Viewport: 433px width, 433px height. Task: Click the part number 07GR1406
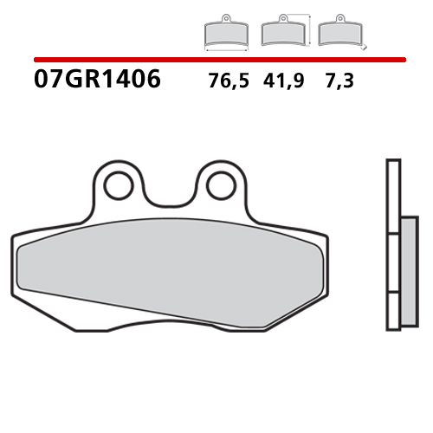pos(98,81)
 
